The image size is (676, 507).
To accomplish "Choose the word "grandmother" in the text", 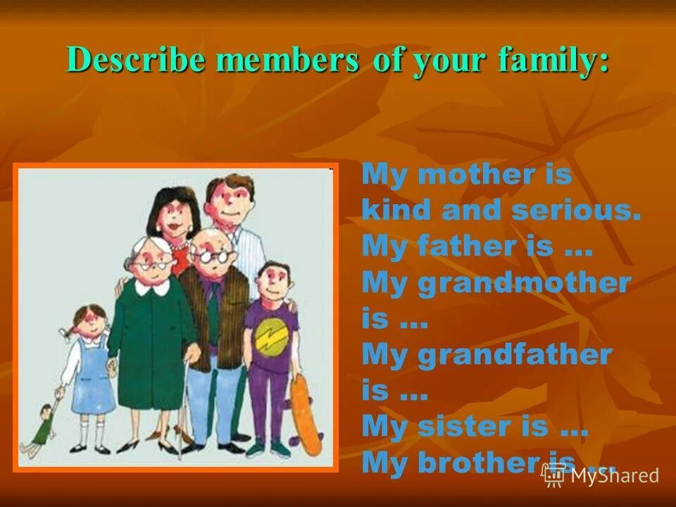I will pos(524,283).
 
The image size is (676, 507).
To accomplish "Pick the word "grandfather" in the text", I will pos(514,355).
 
